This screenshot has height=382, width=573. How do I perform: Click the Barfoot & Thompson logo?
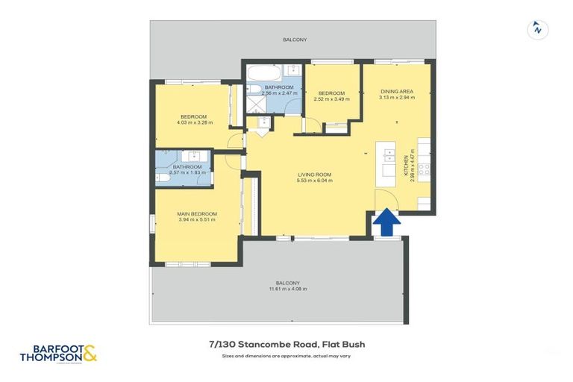tap(59, 353)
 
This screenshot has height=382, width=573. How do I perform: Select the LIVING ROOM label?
tap(314, 175)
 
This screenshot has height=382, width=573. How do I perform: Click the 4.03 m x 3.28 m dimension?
tap(193, 122)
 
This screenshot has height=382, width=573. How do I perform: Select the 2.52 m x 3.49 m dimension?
tap(332, 98)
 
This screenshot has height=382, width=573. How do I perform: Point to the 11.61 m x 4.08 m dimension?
tap(287, 289)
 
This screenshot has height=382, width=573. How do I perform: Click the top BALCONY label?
tap(295, 40)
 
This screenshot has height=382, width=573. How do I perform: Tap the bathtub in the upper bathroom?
tap(263, 75)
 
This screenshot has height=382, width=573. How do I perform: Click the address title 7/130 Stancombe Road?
tap(286, 345)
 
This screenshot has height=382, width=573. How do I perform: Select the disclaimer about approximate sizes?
tap(286, 356)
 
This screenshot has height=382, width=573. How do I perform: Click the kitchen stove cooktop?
tap(423, 169)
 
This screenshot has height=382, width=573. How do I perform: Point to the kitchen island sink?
tap(389, 155)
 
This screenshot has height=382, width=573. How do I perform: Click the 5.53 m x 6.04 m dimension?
tap(314, 181)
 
